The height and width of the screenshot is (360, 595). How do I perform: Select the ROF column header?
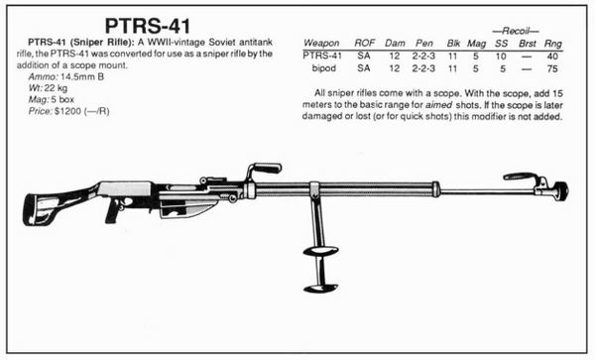coord(367,43)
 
